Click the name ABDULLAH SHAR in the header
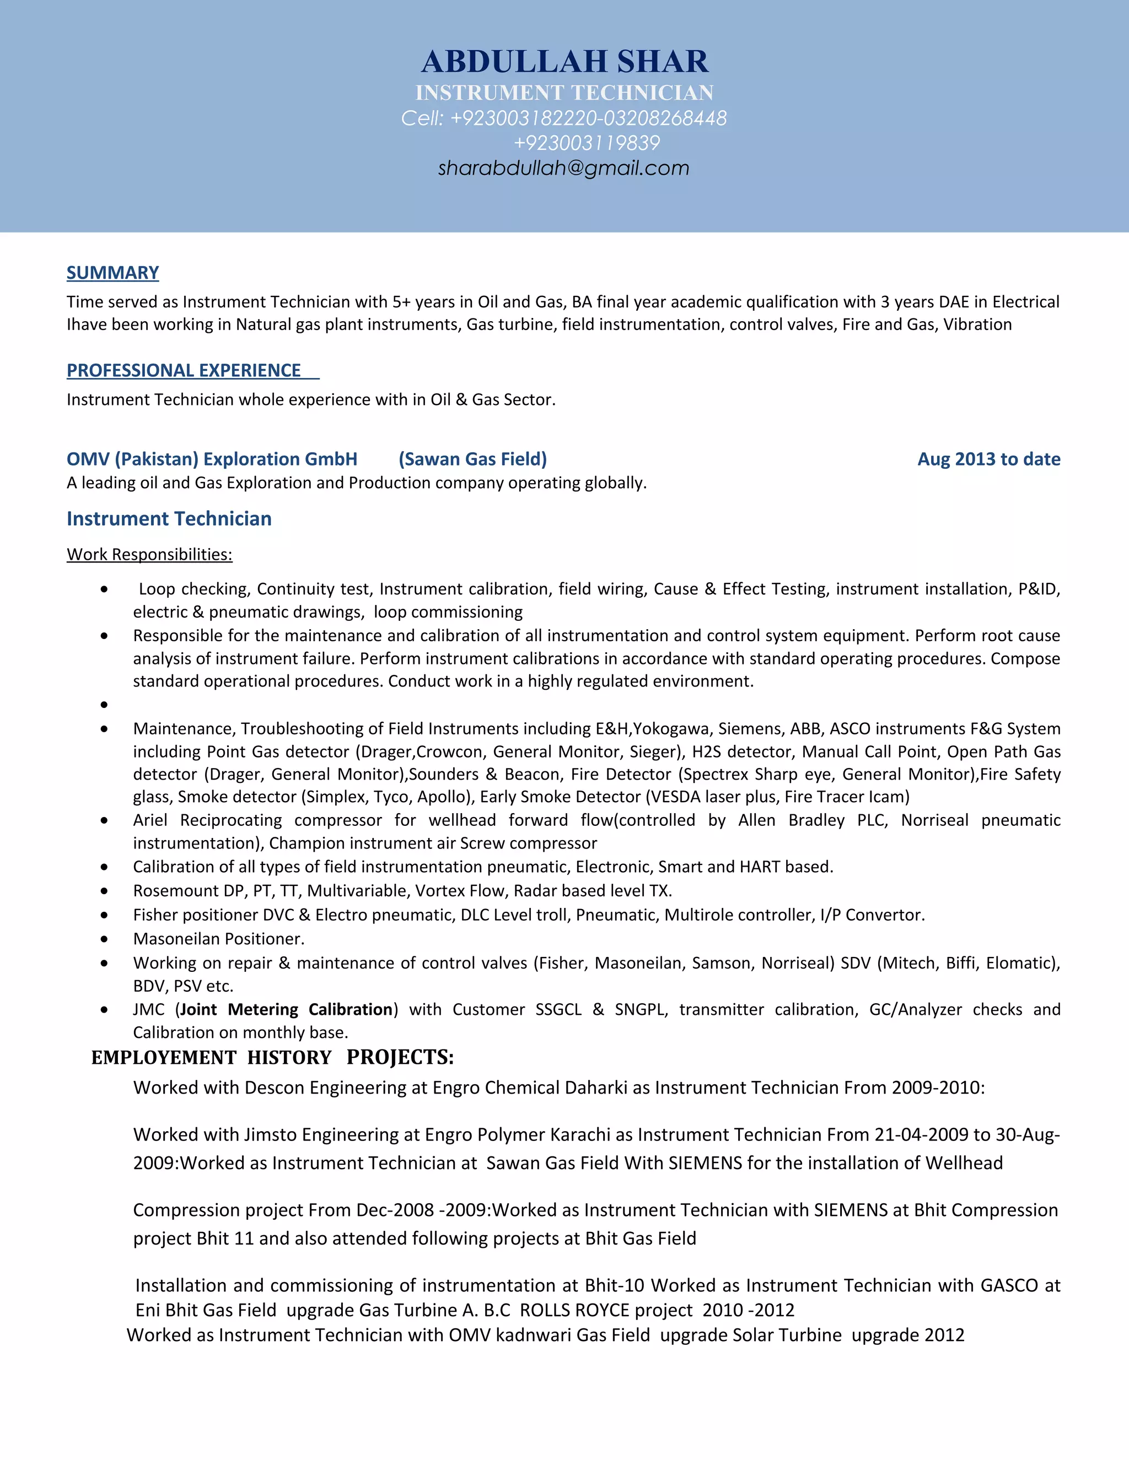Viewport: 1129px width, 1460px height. (x=564, y=62)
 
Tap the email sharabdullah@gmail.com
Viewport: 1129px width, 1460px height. (x=563, y=168)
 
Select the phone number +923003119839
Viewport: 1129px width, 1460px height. (x=587, y=142)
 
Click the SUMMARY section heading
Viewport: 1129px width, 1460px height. (x=112, y=273)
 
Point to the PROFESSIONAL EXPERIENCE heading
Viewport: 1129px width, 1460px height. (x=184, y=370)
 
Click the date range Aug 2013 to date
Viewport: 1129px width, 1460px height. (x=988, y=459)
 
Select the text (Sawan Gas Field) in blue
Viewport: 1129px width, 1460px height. (x=472, y=459)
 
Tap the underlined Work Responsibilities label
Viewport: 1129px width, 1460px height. (x=149, y=554)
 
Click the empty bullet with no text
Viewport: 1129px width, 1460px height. (x=104, y=705)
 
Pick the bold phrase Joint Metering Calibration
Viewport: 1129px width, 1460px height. (x=286, y=1009)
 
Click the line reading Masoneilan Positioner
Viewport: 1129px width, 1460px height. (x=219, y=939)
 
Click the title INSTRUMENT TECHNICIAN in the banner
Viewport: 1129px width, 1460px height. (x=564, y=92)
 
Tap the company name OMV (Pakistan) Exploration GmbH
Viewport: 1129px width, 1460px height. (x=212, y=459)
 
